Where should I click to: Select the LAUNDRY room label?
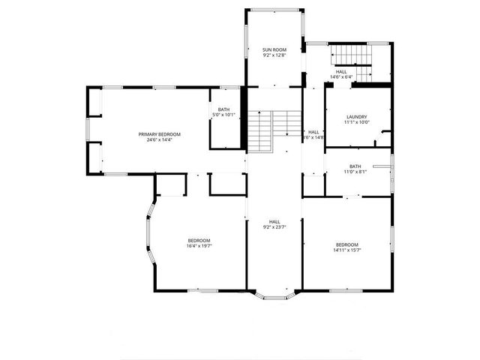(x=356, y=116)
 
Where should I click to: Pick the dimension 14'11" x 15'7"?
(x=347, y=250)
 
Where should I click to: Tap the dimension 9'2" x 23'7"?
(x=274, y=227)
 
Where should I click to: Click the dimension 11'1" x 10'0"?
(x=356, y=122)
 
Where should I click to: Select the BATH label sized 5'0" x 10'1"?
(x=224, y=109)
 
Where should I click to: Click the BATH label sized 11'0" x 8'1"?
(x=355, y=166)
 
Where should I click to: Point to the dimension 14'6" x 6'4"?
(x=341, y=76)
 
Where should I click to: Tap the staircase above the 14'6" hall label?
(x=352, y=57)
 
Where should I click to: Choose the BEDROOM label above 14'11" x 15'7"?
(x=347, y=244)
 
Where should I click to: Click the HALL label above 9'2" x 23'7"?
(x=274, y=221)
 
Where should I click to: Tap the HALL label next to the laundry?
(x=313, y=132)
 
